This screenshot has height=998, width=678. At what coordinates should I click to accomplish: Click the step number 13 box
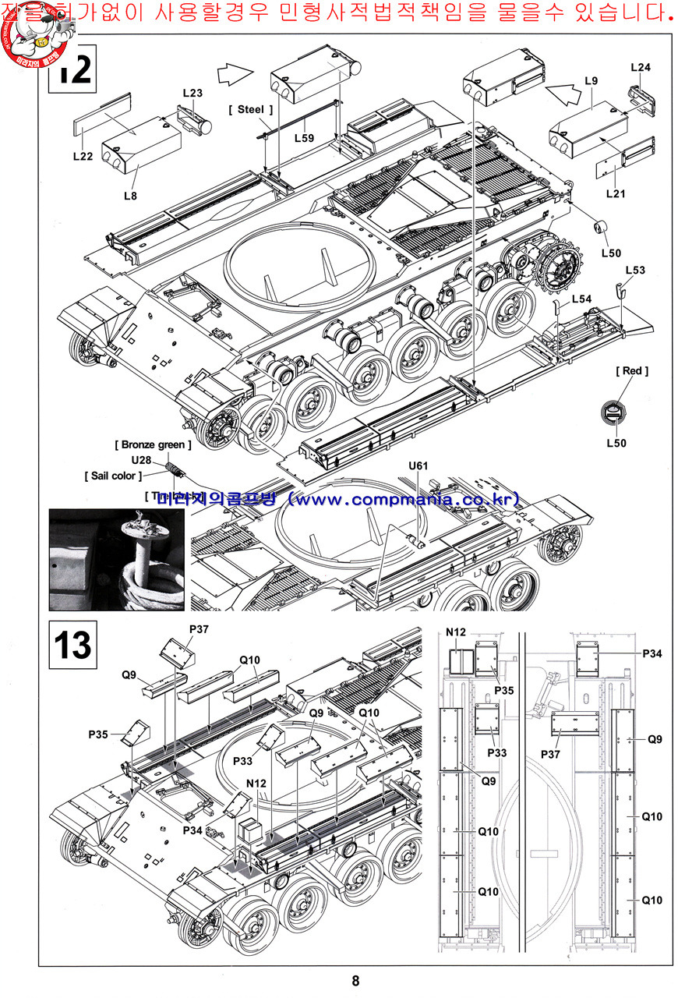click(72, 645)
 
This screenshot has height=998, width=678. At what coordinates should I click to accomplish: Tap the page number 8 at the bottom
click(355, 981)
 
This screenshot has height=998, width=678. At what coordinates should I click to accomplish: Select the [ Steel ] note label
click(251, 110)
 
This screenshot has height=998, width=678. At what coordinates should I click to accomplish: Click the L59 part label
click(304, 138)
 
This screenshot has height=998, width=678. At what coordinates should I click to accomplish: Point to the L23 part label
click(192, 94)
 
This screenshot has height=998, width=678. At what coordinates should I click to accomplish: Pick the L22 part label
click(83, 156)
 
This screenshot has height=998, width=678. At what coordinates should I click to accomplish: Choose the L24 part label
click(640, 68)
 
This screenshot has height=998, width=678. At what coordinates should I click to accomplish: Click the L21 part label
click(615, 193)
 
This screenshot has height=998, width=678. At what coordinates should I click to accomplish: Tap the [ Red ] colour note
click(632, 371)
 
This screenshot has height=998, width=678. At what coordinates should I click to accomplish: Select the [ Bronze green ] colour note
click(153, 445)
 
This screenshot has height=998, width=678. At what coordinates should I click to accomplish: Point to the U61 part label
click(418, 466)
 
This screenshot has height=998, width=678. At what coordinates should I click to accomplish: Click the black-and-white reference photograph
click(117, 558)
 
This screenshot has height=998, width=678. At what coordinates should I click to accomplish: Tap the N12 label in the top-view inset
click(455, 632)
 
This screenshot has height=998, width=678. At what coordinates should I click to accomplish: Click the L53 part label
click(635, 271)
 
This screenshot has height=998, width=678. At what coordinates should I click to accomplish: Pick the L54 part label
click(581, 299)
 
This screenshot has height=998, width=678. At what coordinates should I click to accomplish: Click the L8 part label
click(130, 196)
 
